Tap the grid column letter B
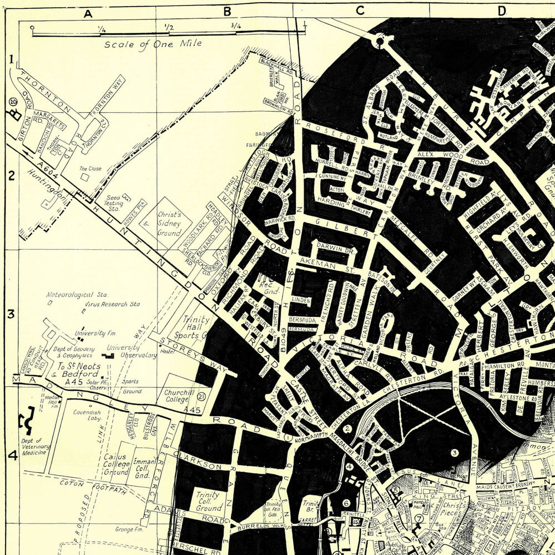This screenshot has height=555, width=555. (x=226, y=11)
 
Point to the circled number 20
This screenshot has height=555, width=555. (x=13, y=101)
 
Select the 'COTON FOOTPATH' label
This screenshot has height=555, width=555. (x=92, y=487)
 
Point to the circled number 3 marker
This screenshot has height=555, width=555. (x=454, y=452)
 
